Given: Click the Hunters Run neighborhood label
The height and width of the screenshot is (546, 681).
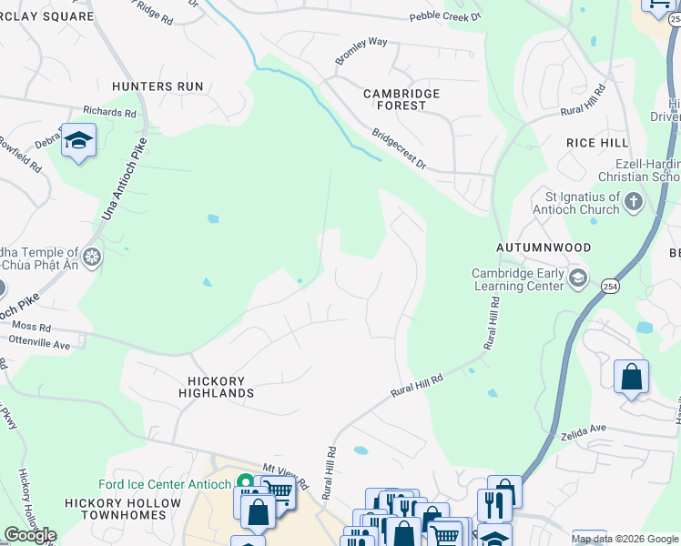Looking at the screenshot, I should pos(157,86).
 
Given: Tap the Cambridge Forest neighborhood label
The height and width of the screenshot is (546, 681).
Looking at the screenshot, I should pos(401,99).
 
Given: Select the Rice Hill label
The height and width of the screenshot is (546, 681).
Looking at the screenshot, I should pos(597,143).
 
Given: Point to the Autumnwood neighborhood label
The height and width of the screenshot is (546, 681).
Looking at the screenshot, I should pos(544,248).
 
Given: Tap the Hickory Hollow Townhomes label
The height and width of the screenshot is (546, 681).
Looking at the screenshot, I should pos(123,509).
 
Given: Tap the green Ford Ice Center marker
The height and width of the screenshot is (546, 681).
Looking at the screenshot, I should pos(244,482).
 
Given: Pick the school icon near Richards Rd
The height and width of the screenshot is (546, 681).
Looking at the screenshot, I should pos(79,141).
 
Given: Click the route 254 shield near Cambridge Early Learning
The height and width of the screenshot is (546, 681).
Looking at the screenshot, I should pos(608,286).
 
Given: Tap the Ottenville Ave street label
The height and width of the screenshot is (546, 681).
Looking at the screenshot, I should pos(39,345).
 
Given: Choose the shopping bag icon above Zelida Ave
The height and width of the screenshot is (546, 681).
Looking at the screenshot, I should pos(631,377).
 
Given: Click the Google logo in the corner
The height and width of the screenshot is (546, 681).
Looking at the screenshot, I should pos(30,535).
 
